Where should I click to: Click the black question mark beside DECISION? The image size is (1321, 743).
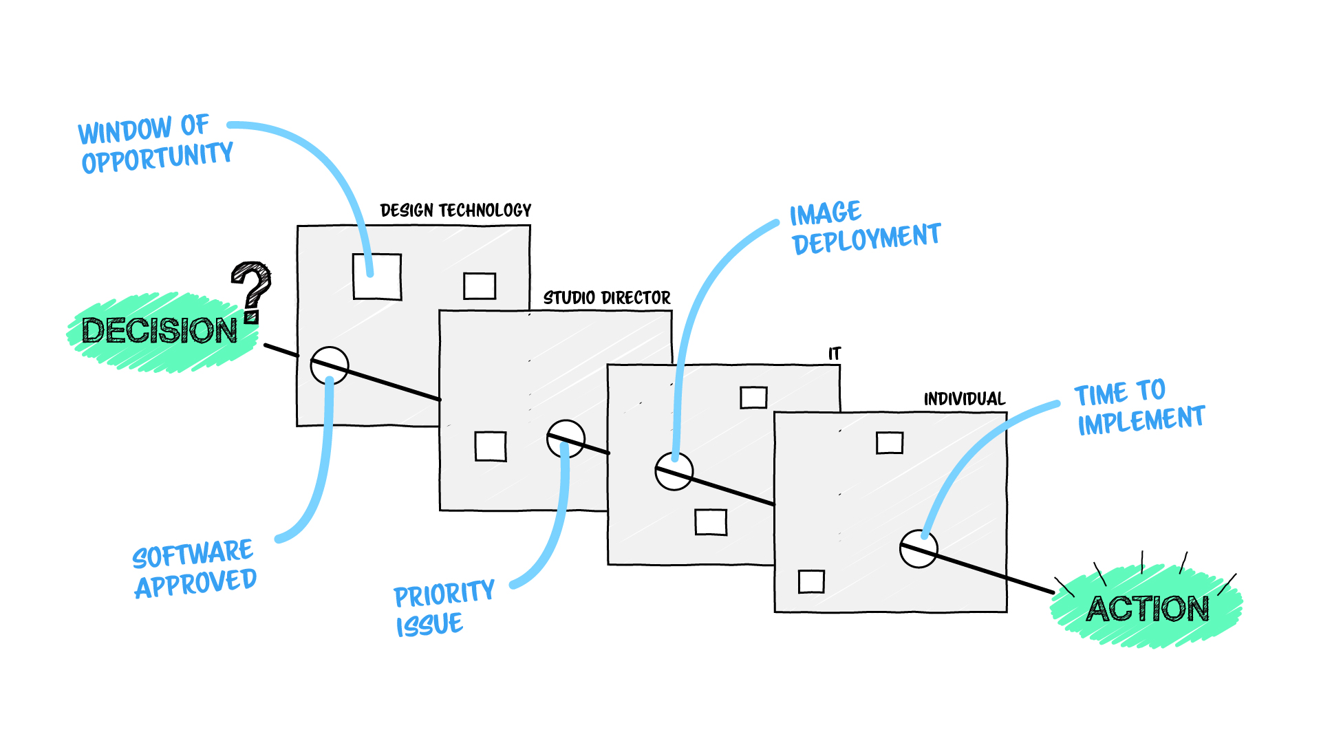click(252, 290)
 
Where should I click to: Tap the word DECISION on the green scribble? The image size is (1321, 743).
click(160, 331)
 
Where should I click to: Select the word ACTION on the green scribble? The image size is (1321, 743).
click(1148, 609)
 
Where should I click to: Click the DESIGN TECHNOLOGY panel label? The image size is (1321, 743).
click(455, 211)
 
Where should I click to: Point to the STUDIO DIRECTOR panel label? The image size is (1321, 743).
click(607, 298)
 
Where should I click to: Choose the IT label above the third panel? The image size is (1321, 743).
click(835, 354)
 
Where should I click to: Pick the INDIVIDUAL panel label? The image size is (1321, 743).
click(964, 399)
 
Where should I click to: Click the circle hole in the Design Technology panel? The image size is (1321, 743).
click(330, 365)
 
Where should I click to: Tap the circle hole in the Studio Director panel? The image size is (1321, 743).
click(566, 438)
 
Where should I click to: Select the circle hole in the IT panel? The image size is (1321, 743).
click(674, 471)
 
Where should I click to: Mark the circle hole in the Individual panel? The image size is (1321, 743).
click(919, 548)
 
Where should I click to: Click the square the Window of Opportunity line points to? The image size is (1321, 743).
click(377, 277)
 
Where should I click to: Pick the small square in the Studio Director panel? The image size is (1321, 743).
click(491, 446)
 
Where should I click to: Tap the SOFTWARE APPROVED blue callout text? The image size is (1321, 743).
click(195, 568)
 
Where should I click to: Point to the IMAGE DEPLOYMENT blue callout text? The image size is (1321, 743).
click(865, 228)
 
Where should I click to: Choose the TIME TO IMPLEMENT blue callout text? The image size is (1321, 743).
click(1139, 407)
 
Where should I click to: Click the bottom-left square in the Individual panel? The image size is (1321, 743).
click(811, 581)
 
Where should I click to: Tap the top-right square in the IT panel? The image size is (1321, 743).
click(753, 397)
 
